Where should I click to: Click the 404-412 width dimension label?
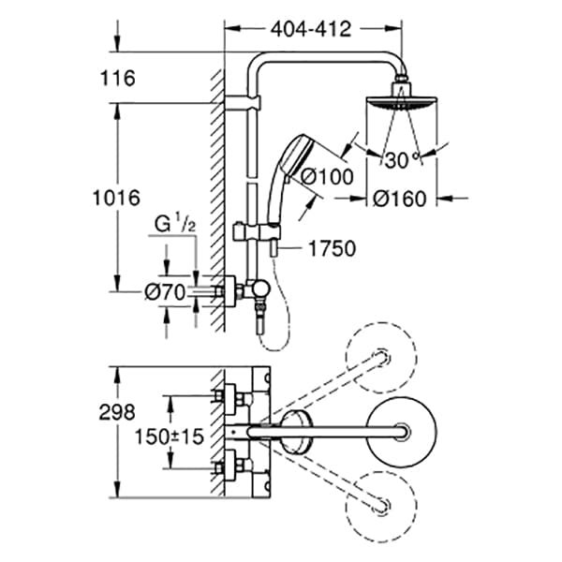(x=310, y=29)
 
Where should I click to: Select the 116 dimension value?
(x=122, y=78)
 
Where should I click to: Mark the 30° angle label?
(x=399, y=159)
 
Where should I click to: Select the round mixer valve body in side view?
(x=259, y=291)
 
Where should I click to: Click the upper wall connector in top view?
(x=230, y=397)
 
